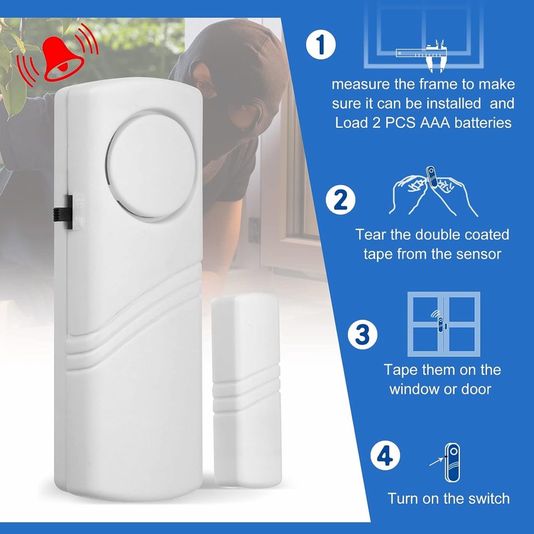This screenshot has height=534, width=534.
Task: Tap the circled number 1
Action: click(x=320, y=45)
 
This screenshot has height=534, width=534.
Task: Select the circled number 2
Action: click(x=341, y=201)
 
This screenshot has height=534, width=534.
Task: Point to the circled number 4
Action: click(x=384, y=457)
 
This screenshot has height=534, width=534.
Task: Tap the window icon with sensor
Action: click(x=443, y=324)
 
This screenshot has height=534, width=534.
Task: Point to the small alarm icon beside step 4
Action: click(x=452, y=463)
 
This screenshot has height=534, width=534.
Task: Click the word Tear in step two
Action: click(x=371, y=234)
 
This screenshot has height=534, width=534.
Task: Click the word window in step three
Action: click(x=414, y=389)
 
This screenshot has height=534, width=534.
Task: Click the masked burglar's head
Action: click(x=229, y=78)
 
